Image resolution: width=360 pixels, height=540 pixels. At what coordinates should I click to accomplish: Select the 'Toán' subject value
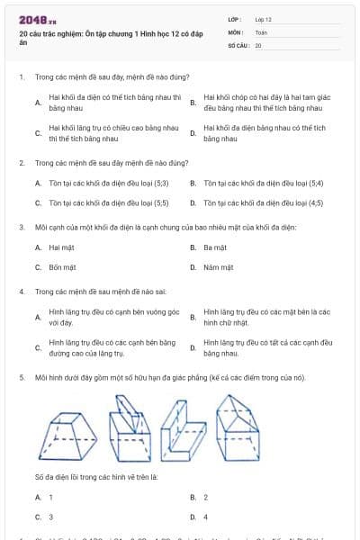click(261, 31)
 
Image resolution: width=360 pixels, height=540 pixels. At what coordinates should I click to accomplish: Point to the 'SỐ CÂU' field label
click(237, 44)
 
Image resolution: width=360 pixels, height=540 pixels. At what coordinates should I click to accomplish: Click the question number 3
click(22, 228)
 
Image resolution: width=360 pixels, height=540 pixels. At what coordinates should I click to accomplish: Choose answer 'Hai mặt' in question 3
click(60, 247)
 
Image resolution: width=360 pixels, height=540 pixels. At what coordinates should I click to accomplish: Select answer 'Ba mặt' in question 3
click(215, 247)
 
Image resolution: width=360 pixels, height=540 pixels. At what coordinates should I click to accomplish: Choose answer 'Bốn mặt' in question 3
click(61, 267)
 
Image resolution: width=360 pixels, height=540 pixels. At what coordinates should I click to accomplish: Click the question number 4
click(22, 292)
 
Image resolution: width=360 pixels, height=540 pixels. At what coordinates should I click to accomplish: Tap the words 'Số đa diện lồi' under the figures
click(58, 476)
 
